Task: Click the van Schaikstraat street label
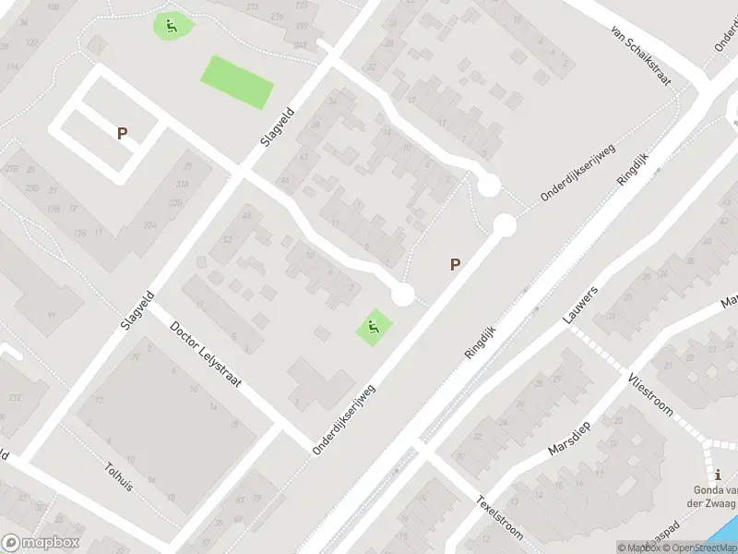coord(638,54)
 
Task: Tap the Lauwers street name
coord(580,305)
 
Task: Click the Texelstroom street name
coord(499,517)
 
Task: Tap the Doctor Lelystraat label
coord(205,354)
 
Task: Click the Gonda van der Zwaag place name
coord(718,497)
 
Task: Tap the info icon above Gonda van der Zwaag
coord(718,475)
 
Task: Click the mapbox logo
coord(41,543)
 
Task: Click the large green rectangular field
coord(237,81)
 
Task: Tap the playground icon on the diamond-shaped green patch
coord(373,326)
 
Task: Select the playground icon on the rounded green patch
coord(172,25)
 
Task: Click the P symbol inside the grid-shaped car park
coord(122,134)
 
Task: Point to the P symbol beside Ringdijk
coord(454,264)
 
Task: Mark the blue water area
coord(724,536)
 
